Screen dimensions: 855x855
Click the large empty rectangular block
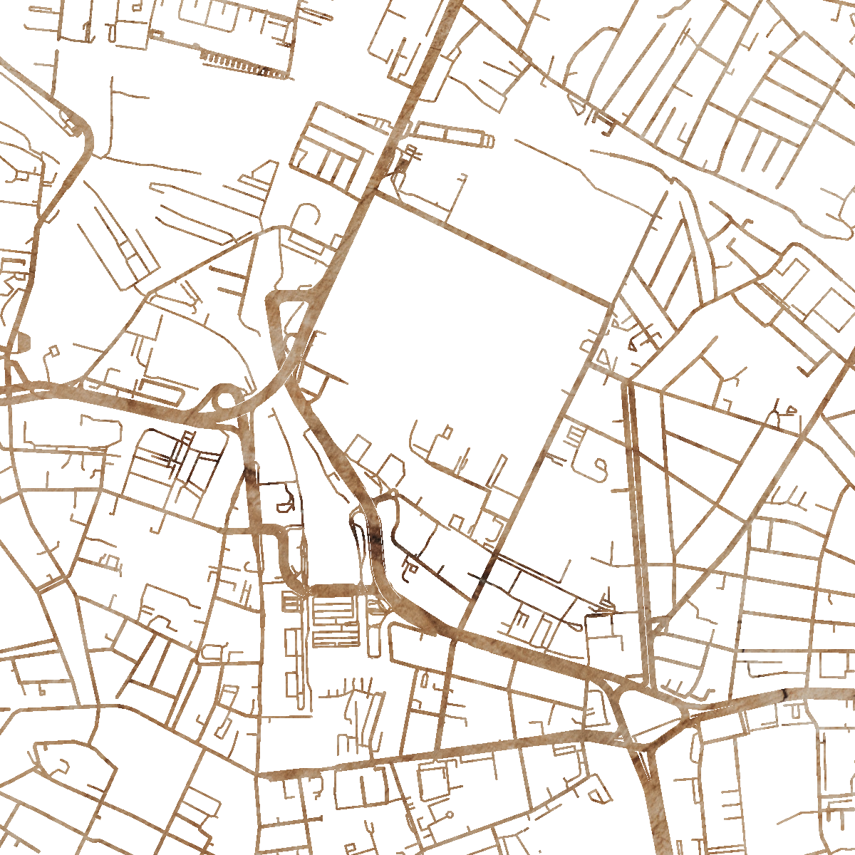(x=463, y=335)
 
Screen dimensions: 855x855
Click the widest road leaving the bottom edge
(x=655, y=819)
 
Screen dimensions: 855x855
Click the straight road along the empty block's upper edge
(x=499, y=249)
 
